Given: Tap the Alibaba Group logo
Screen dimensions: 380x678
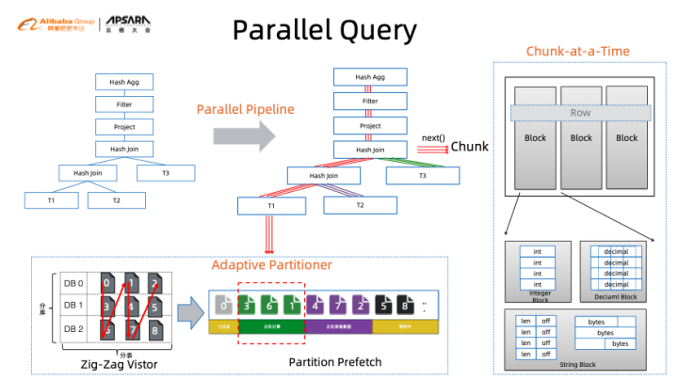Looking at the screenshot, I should (x=45, y=22).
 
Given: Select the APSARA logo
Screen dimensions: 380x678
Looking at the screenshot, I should (x=126, y=22).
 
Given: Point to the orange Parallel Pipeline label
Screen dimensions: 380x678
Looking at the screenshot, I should (x=245, y=109).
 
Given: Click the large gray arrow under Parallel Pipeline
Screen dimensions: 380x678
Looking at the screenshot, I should (x=244, y=136).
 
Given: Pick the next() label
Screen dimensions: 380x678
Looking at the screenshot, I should (x=433, y=138).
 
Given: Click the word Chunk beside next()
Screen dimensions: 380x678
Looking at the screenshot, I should (x=470, y=147).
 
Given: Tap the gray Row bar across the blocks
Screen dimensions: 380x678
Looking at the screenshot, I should (x=580, y=113).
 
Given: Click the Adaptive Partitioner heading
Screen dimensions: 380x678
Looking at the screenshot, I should (x=271, y=265).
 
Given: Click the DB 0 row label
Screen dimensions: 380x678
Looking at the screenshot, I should (x=73, y=282).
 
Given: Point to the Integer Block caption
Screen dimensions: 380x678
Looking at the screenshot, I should (x=538, y=296).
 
